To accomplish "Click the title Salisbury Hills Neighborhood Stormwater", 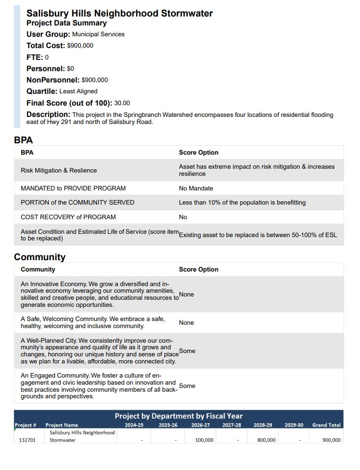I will [119, 13].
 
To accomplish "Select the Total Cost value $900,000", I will [80, 46].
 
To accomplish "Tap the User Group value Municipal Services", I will [98, 34].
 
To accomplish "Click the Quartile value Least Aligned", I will [78, 91].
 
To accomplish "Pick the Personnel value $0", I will [70, 69].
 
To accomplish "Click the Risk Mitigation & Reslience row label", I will [59, 171].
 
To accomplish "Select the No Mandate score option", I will [196, 189].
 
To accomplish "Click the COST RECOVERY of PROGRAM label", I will [68, 217].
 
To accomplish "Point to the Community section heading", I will [40, 257].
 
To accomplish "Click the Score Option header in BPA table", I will [199, 153].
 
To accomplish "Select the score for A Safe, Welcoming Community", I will [186, 323].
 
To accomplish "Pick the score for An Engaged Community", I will [187, 386].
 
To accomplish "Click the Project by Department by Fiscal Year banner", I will [178, 416].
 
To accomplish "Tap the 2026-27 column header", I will [201, 425].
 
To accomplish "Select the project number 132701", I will [27, 440].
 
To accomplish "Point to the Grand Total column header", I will [326, 425].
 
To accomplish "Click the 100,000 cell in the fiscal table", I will [204, 440].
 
